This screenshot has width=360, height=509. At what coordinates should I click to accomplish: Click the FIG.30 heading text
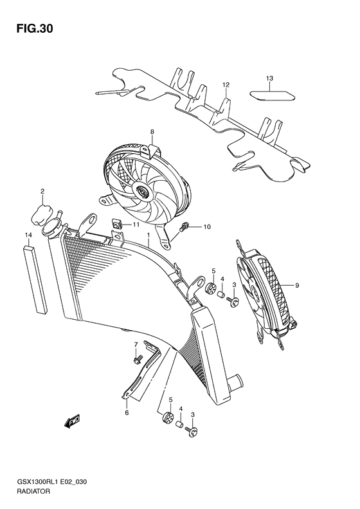point(30,29)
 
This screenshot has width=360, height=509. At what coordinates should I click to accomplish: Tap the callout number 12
point(226,84)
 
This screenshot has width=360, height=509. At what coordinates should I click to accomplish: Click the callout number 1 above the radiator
point(148,236)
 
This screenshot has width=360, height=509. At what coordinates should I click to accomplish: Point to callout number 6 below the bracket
point(127,412)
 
